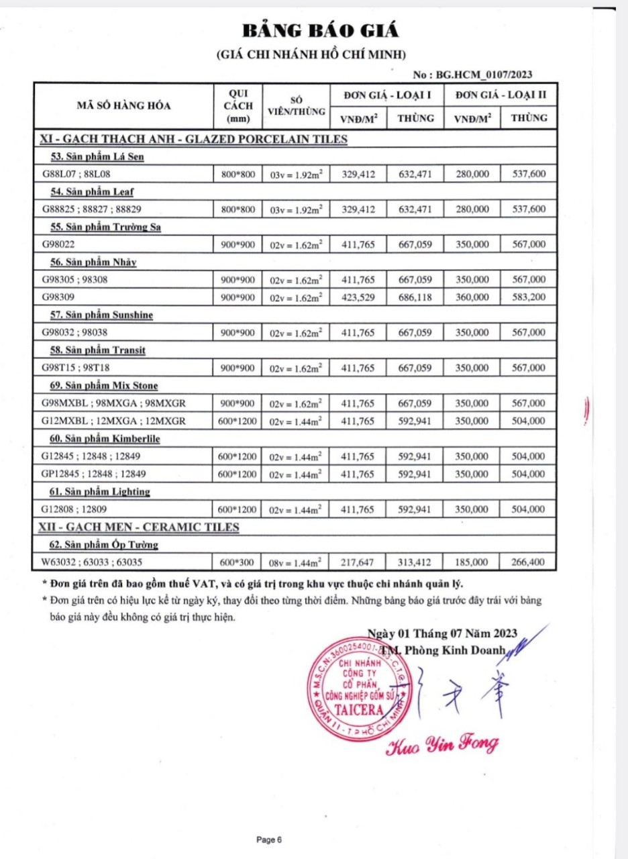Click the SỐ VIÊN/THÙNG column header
pyautogui.click(x=295, y=105)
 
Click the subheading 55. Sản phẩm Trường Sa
pyautogui.click(x=106, y=227)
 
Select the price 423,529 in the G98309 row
pyautogui.click(x=359, y=297)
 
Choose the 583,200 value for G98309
pyautogui.click(x=528, y=297)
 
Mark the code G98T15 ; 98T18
pyautogui.click(x=70, y=368)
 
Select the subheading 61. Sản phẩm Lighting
pyautogui.click(x=101, y=492)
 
